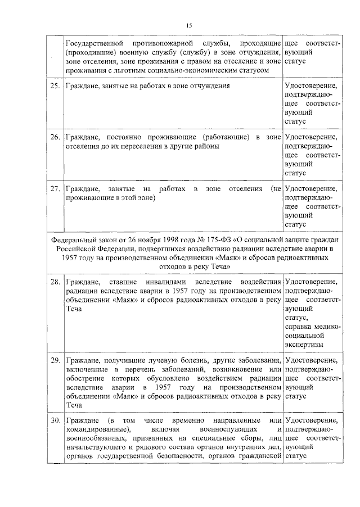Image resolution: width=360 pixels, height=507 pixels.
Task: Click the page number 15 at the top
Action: point(189,25)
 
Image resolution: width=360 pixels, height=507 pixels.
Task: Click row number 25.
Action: point(55,86)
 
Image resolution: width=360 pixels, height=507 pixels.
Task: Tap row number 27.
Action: point(55,188)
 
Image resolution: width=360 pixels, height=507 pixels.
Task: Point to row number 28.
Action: point(55,280)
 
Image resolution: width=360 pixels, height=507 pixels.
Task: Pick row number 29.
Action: point(55,360)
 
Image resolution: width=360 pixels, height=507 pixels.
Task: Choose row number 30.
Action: point(55,420)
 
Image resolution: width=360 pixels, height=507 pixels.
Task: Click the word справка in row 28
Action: point(298,326)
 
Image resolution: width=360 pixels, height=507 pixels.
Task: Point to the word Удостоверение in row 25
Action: point(311,86)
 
